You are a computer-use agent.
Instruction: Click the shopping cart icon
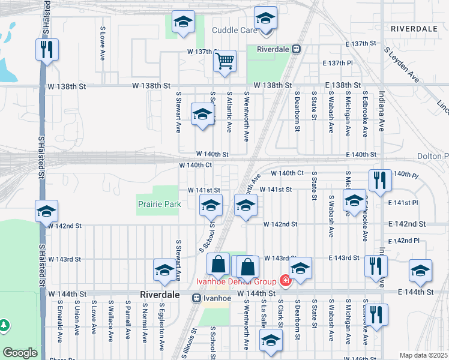tap(224, 60)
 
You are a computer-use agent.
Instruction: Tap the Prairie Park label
tap(160, 204)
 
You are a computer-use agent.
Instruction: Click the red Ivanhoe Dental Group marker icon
tap(284, 281)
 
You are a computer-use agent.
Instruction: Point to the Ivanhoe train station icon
tap(196, 298)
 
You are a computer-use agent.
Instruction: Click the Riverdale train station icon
tap(296, 49)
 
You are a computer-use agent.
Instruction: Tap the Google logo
tap(20, 353)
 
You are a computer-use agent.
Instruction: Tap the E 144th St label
tap(415, 292)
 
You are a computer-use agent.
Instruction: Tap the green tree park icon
tap(5, 325)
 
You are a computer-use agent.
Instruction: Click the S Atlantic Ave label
tap(229, 112)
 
